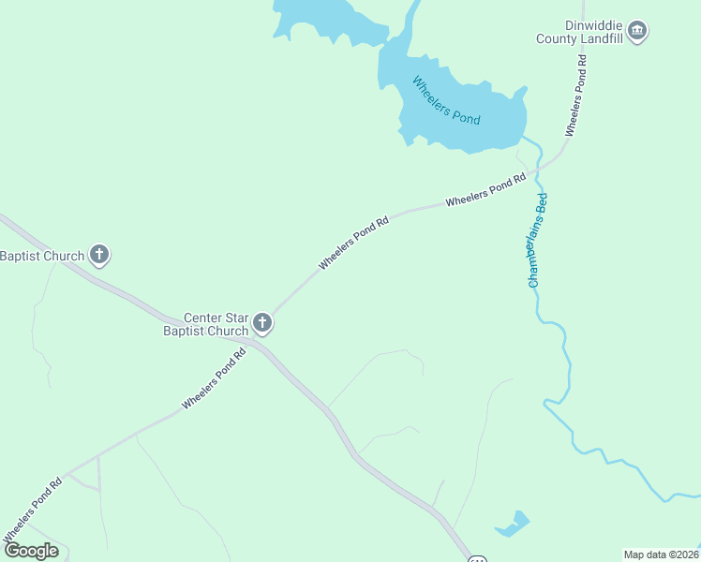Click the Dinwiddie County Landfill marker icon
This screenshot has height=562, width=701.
tap(638, 31)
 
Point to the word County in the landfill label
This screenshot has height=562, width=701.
tap(556, 39)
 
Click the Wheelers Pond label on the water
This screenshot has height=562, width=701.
tap(446, 100)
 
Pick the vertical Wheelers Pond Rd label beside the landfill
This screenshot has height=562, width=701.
tap(575, 96)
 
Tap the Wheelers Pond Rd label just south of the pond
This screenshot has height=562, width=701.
tap(485, 191)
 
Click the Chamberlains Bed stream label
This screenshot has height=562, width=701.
tap(537, 240)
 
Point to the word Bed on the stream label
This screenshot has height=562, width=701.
tap(541, 204)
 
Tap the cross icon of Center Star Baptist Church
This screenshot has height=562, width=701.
tap(262, 324)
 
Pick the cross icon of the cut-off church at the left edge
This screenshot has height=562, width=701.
tap(99, 255)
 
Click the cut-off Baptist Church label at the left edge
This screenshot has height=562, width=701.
tap(41, 256)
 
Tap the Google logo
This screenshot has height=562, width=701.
tap(32, 551)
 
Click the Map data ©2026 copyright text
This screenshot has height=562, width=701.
tap(661, 554)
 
